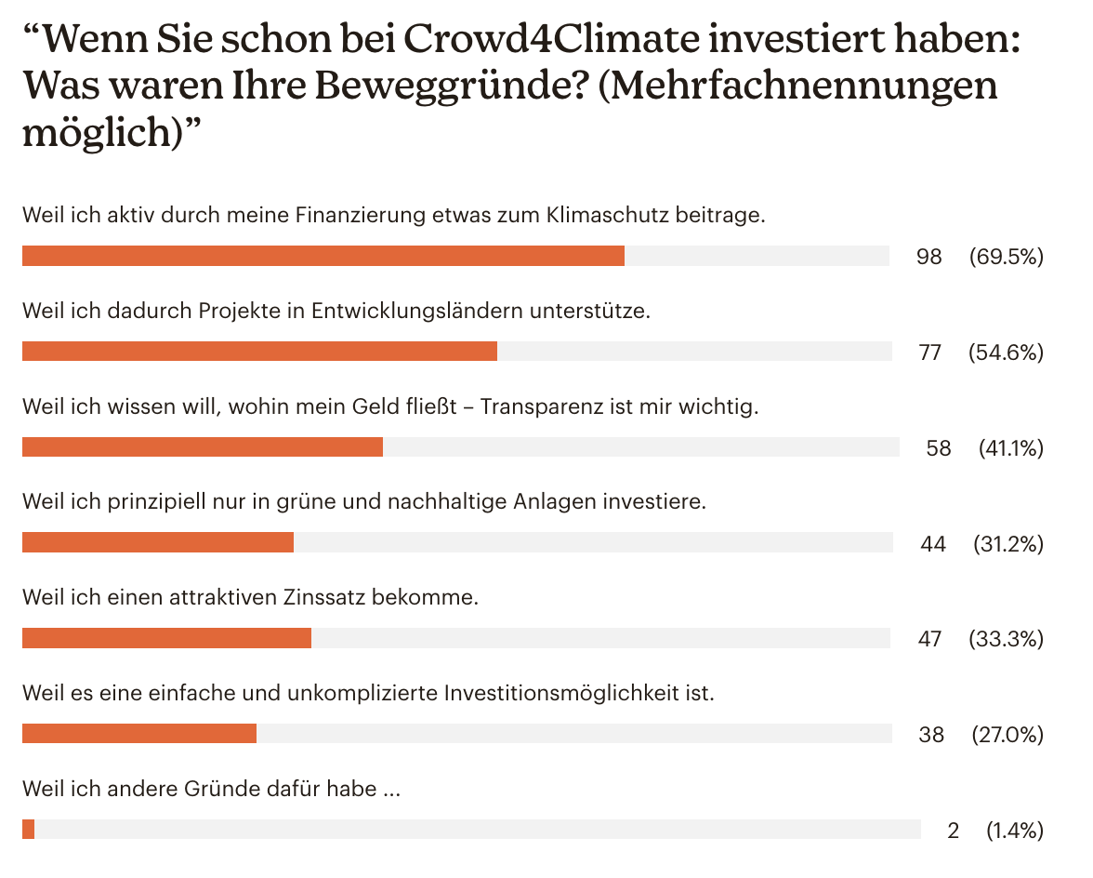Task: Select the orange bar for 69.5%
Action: (323, 256)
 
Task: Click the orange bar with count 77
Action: (259, 351)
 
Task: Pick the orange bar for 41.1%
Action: (202, 447)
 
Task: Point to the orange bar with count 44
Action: (157, 542)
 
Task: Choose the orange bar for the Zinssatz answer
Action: (166, 638)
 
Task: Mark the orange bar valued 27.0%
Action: (138, 734)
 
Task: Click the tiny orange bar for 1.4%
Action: (28, 829)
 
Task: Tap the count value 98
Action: (928, 257)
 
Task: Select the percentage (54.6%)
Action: (1005, 353)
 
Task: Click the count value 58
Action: (938, 448)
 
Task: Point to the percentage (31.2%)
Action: (1007, 544)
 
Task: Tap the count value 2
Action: (953, 831)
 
